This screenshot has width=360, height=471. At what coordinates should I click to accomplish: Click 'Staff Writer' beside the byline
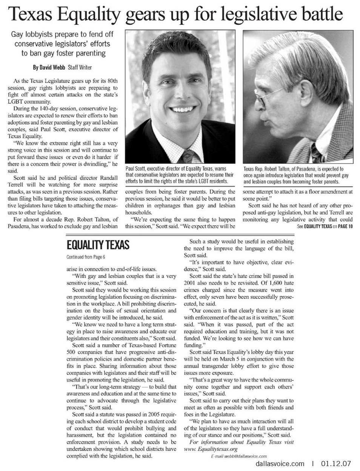pyautogui.click(x=80, y=68)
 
